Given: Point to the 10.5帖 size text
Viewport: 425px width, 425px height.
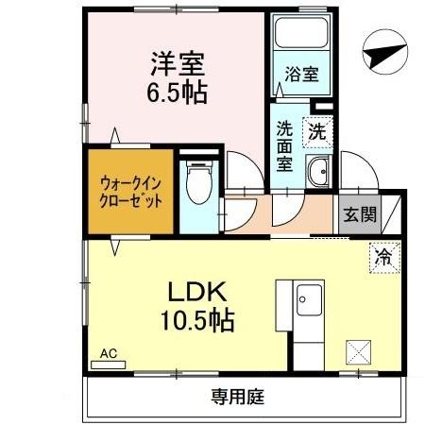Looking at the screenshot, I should click(196, 319).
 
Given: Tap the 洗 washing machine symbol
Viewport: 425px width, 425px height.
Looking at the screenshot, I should click(318, 132).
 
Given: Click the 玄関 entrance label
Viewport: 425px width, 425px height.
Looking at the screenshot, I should click(358, 214).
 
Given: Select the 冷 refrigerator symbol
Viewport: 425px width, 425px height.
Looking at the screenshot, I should click(383, 255).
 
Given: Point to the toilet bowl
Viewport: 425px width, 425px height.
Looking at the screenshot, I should click(198, 185).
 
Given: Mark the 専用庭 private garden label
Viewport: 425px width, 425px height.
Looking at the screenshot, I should click(235, 396).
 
